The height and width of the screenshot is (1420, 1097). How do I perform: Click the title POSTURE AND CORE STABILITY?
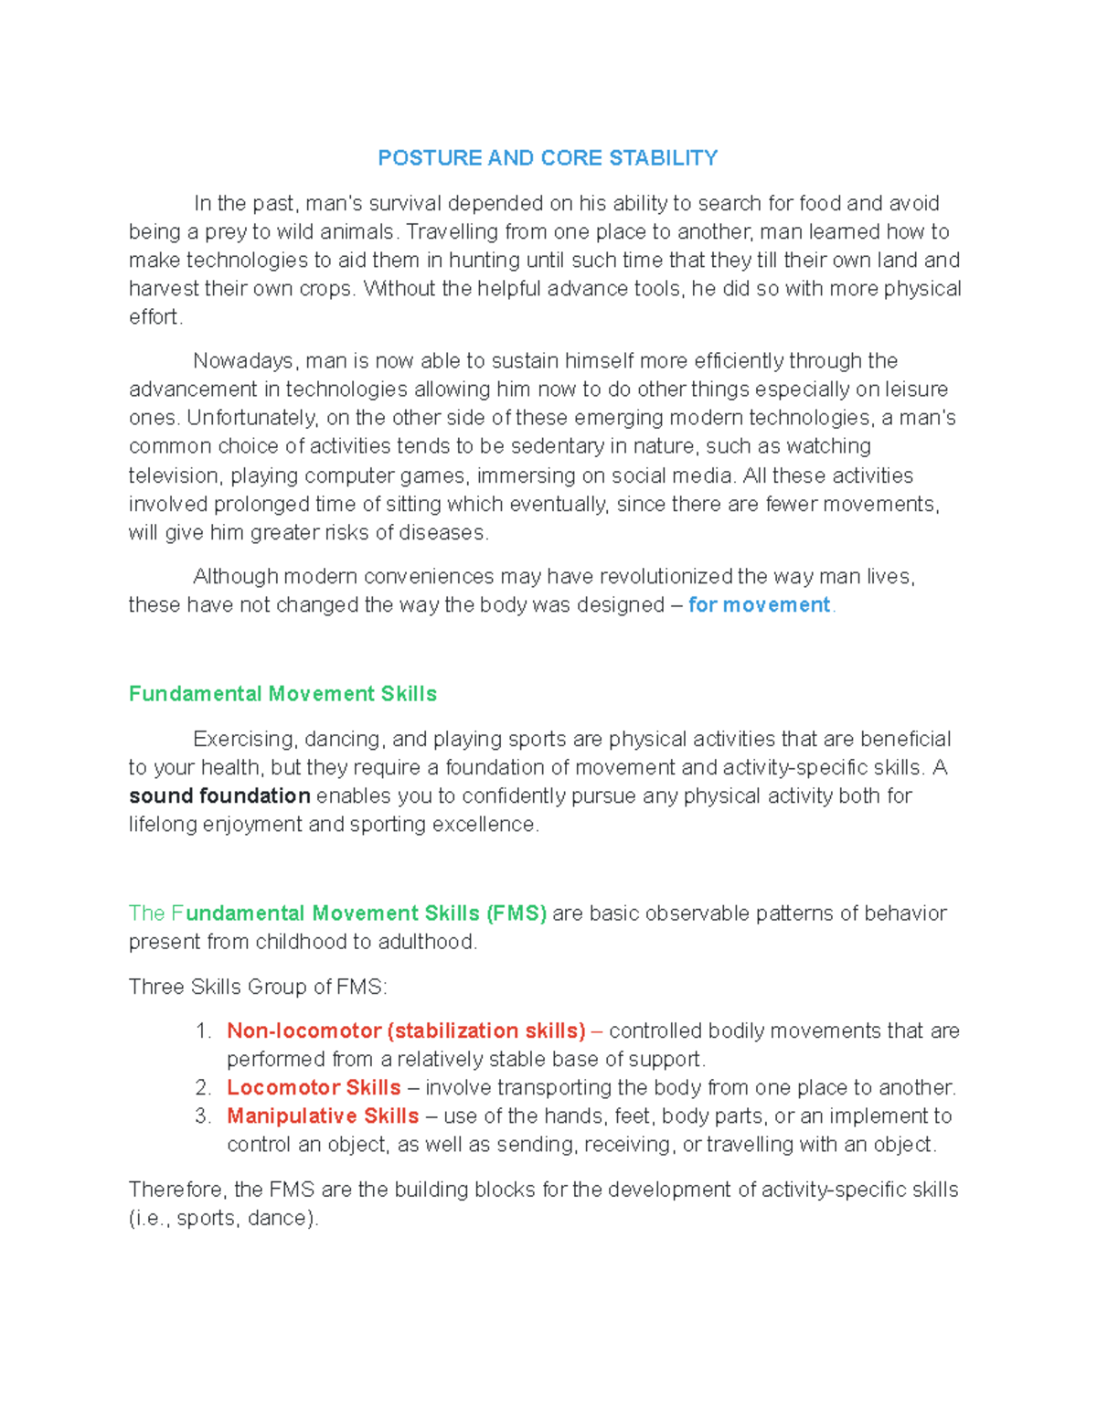coord(548,158)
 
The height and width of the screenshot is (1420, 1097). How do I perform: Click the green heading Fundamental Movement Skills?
coord(282,694)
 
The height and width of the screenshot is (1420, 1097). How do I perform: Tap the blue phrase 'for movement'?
coord(759,605)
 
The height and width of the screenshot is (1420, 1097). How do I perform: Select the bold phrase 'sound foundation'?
coord(219,796)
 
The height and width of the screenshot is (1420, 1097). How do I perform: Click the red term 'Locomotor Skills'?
coord(314,1088)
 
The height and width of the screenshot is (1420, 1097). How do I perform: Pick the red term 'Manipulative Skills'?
coord(323,1116)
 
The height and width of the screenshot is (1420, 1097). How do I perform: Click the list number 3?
coord(203,1116)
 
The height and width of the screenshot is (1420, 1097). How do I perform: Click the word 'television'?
coord(174,475)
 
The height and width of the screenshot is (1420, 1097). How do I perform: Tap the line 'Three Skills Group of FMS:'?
coord(258,988)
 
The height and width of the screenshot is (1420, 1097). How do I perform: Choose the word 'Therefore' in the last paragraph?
coord(177,1190)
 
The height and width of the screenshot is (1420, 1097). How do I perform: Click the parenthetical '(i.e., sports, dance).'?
coord(224,1219)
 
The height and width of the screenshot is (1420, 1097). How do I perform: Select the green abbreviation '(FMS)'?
coord(517,913)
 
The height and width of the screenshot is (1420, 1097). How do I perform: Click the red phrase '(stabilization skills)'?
coord(486,1031)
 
